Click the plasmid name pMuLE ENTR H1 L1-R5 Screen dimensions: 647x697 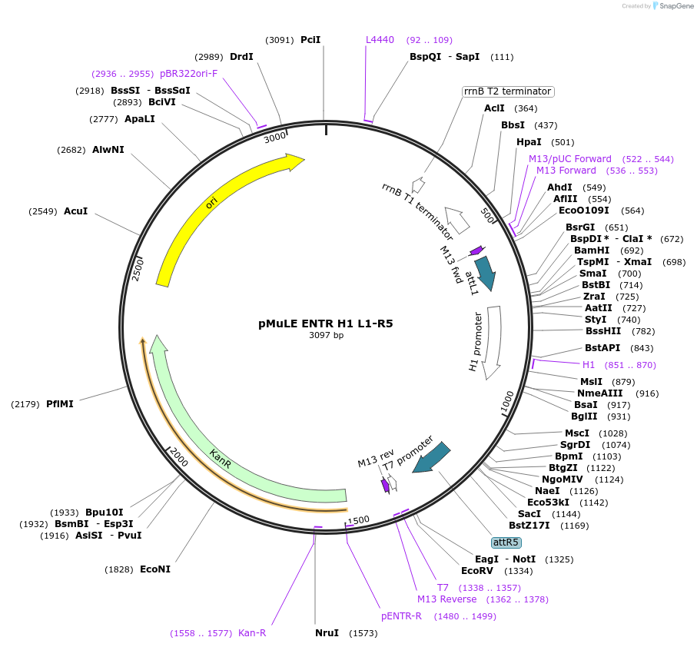coord(325,323)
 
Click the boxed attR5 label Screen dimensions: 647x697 coord(506,542)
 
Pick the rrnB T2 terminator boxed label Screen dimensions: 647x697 coord(508,91)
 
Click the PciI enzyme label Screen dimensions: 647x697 coord(310,40)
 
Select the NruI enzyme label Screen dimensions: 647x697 coord(327,633)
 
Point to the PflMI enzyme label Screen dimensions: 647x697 coord(60,403)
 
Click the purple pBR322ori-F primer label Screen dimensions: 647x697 coord(189,74)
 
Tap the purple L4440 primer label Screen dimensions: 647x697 coord(380,40)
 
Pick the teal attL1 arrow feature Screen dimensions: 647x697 coord(485,272)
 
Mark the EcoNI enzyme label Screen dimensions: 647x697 coord(155,569)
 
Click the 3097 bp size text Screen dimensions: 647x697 coord(326,336)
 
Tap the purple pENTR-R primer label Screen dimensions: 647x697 coord(401,616)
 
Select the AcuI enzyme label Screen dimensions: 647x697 coord(75,211)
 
